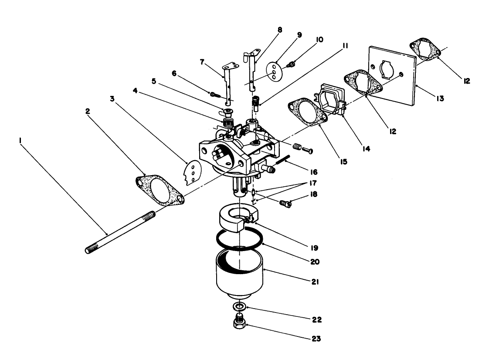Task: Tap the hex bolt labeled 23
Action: pyautogui.click(x=239, y=324)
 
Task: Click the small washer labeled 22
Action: pyautogui.click(x=238, y=306)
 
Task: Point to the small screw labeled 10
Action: pyautogui.click(x=290, y=65)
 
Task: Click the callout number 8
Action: pyautogui.click(x=279, y=30)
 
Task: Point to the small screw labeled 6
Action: pyautogui.click(x=214, y=93)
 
